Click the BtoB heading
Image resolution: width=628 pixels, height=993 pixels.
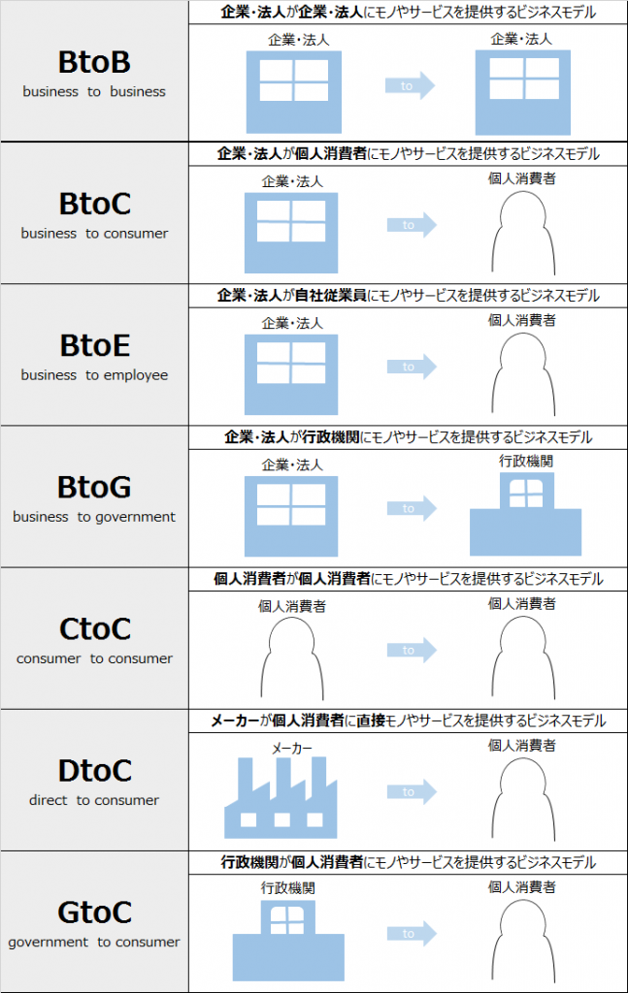click(x=94, y=62)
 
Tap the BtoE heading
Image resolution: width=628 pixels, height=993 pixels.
click(x=95, y=346)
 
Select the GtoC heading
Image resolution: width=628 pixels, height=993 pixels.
click(x=95, y=913)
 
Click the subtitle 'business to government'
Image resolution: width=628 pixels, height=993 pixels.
click(x=94, y=517)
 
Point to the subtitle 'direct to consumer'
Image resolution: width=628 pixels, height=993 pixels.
click(x=94, y=800)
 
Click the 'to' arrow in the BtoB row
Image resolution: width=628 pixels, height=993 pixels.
click(x=410, y=85)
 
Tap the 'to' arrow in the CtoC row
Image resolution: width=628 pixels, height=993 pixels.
click(x=412, y=650)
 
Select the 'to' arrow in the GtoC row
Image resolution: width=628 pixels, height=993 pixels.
click(x=412, y=933)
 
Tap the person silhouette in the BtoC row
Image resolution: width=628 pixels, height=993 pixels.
click(x=523, y=233)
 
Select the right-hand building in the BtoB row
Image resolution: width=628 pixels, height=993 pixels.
click(x=523, y=92)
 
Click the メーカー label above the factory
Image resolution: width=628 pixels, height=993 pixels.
click(x=292, y=749)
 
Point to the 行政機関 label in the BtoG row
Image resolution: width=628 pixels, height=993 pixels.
click(x=526, y=461)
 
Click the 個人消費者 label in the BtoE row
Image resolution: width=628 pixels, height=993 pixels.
click(x=521, y=320)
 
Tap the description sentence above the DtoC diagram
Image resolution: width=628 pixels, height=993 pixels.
click(x=408, y=721)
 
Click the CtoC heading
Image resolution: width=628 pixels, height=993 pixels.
click(x=95, y=628)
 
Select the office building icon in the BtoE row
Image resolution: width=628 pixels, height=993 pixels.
click(x=291, y=374)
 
